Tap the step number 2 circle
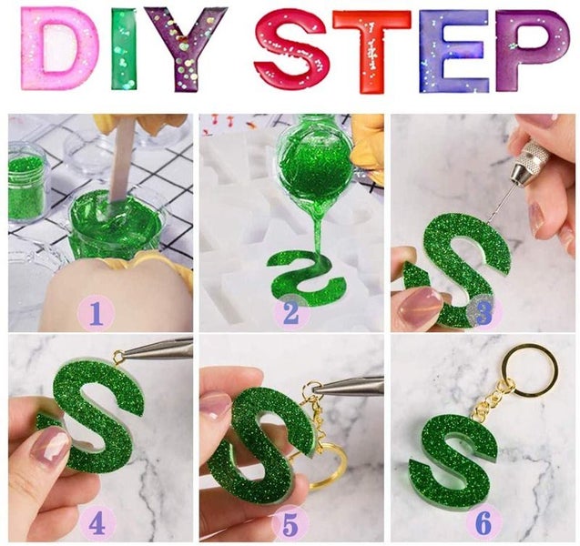pyautogui.click(x=290, y=314)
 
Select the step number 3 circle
pyautogui.click(x=482, y=314)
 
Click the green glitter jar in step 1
pyautogui.click(x=27, y=187)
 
